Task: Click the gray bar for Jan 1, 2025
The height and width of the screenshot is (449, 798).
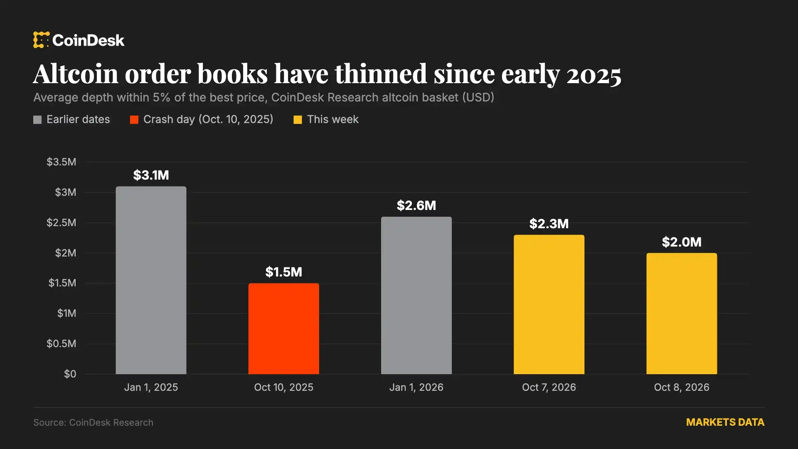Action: pyautogui.click(x=151, y=280)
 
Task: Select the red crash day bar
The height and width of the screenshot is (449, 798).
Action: pyautogui.click(x=283, y=328)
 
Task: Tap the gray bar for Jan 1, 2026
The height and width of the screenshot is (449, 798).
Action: pyautogui.click(x=416, y=295)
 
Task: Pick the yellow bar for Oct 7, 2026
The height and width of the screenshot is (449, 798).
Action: pyautogui.click(x=549, y=304)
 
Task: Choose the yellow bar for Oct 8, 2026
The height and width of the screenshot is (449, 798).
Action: pyautogui.click(x=681, y=313)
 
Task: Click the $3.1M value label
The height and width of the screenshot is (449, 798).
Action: pyautogui.click(x=151, y=175)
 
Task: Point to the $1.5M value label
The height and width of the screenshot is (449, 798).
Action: pyautogui.click(x=283, y=272)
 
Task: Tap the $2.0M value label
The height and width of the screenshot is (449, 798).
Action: pyautogui.click(x=682, y=242)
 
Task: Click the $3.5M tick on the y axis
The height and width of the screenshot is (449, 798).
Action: pyautogui.click(x=62, y=162)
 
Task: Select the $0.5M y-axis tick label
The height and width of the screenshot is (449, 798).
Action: pyautogui.click(x=62, y=343)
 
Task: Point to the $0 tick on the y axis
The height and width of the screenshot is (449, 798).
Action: pyautogui.click(x=70, y=374)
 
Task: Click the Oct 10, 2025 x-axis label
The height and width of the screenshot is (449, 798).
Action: pyautogui.click(x=283, y=387)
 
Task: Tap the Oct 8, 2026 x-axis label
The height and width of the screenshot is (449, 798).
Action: pyautogui.click(x=682, y=387)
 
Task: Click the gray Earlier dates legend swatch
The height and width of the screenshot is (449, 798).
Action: pyautogui.click(x=37, y=120)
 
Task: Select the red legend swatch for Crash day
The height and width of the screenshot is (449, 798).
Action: pyautogui.click(x=134, y=120)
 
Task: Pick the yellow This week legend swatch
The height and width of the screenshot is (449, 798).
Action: pyautogui.click(x=298, y=120)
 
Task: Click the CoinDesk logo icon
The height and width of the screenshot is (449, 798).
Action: pyautogui.click(x=41, y=40)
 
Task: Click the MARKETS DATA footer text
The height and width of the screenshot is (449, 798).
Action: pyautogui.click(x=725, y=422)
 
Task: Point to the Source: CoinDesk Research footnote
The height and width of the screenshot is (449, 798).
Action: pyautogui.click(x=93, y=422)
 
